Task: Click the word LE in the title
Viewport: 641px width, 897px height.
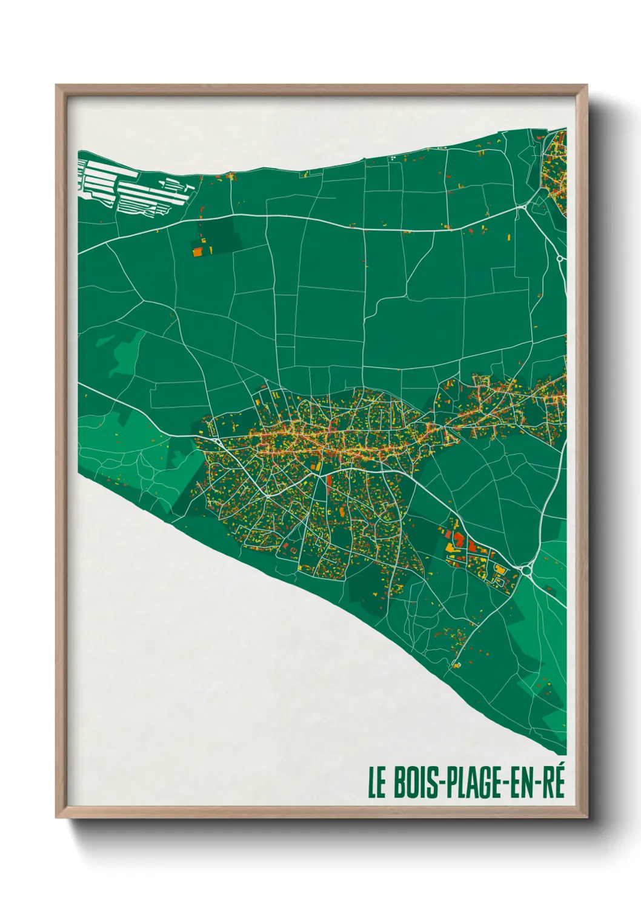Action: [x=376, y=782]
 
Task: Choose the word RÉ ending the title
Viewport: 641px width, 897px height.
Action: [x=554, y=782]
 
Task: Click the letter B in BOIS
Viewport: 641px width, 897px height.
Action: [x=400, y=782]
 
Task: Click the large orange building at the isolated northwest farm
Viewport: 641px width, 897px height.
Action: [x=198, y=252]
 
